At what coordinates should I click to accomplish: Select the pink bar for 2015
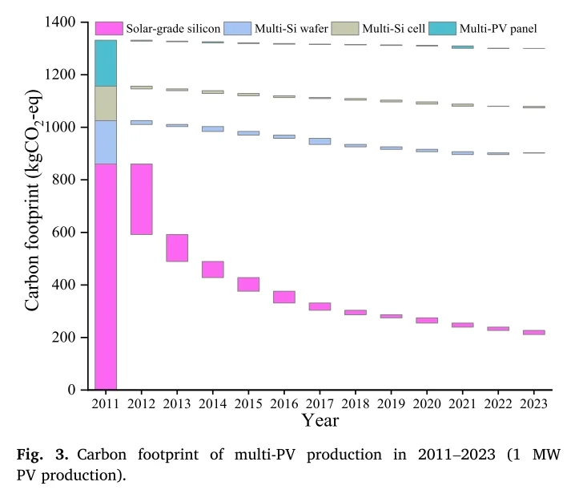pyautogui.click(x=248, y=284)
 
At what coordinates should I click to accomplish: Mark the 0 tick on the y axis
pyautogui.click(x=83, y=391)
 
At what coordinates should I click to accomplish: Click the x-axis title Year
pyautogui.click(x=320, y=419)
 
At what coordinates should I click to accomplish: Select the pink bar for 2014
pyautogui.click(x=212, y=269)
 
